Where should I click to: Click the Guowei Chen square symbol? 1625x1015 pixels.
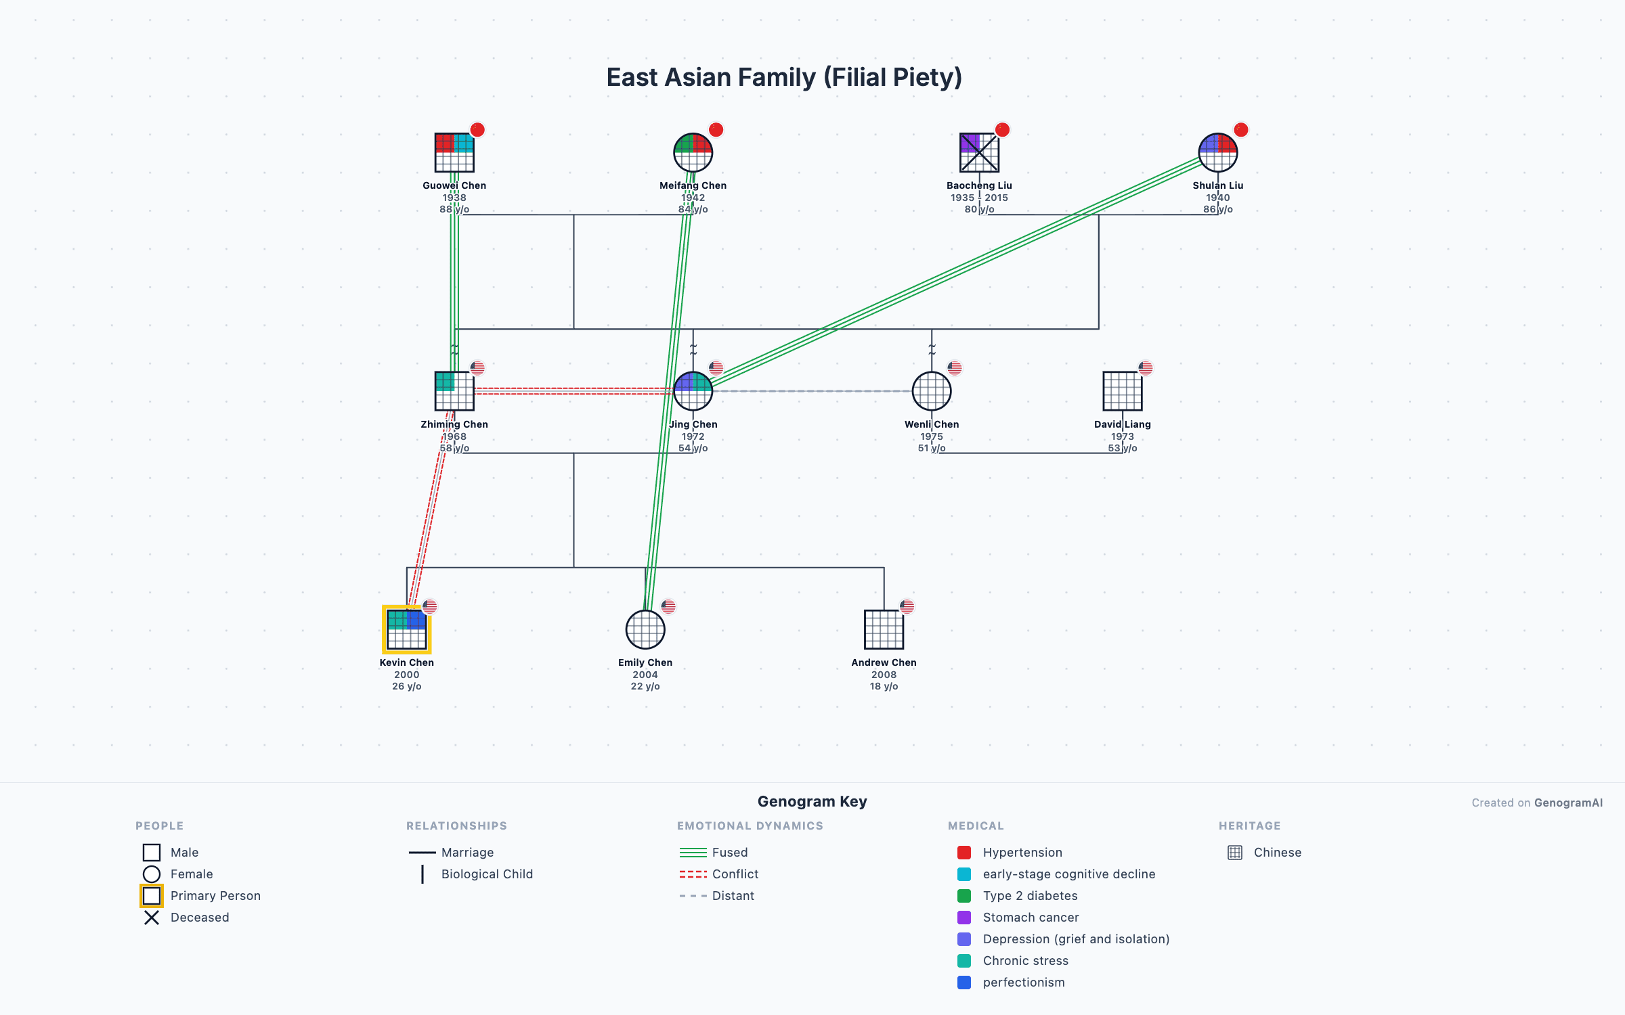[x=454, y=153]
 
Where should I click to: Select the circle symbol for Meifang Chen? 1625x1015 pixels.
[x=693, y=153]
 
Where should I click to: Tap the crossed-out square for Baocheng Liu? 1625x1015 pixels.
[x=979, y=153]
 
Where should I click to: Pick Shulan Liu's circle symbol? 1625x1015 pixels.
[x=1217, y=153]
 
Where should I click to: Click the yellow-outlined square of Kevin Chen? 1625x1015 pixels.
[x=406, y=629]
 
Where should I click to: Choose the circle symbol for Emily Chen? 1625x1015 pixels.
[x=645, y=629]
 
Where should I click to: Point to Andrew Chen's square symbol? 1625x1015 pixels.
[x=884, y=629]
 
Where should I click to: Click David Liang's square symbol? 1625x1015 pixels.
[x=1122, y=391]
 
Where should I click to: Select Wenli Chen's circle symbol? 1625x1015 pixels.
[x=931, y=391]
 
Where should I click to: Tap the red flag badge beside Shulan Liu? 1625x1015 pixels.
[x=1240, y=130]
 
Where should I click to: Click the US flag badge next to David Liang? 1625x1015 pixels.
[x=1145, y=368]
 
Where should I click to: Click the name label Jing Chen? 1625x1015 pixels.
[x=693, y=424]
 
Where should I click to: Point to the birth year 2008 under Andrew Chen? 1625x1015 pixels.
[x=884, y=675]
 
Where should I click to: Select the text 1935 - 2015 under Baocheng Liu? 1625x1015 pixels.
[x=979, y=198]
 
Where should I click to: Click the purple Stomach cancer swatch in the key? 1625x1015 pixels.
[x=964, y=918]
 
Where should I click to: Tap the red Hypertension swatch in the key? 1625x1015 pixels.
[x=964, y=853]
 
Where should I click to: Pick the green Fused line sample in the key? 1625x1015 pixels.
[x=693, y=853]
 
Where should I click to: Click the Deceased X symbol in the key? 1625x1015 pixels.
[x=152, y=918]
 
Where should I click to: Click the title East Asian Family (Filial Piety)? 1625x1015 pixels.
[x=784, y=77]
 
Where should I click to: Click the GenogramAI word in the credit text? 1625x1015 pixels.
[x=1568, y=803]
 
